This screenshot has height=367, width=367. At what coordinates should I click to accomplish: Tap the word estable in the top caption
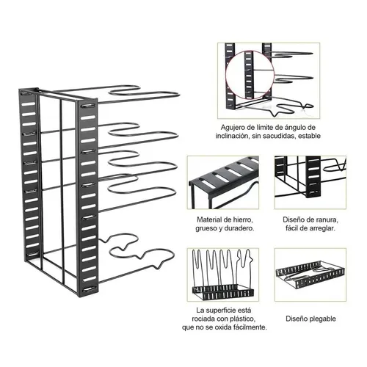point(309,136)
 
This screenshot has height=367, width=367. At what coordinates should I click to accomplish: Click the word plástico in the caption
point(242,319)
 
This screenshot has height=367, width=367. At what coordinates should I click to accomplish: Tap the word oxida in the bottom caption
point(224,327)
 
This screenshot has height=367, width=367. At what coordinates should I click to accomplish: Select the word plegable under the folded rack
point(323,319)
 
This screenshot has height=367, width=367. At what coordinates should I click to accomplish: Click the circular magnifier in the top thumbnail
point(250,75)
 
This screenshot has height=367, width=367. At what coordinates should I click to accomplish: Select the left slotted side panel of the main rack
point(30,175)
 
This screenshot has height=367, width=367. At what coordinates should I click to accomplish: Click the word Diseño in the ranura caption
point(292,219)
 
